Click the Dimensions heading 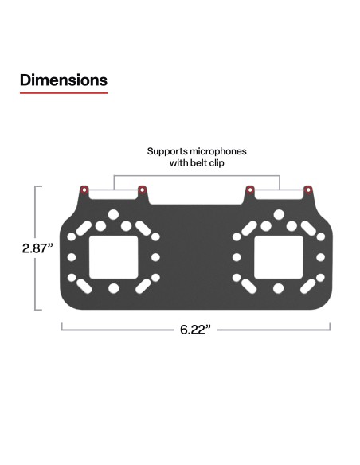click(x=64, y=80)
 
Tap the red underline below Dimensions click(x=64, y=93)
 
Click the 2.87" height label click(x=37, y=248)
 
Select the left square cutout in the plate click(x=112, y=257)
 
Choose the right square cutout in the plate click(x=278, y=257)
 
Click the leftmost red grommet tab click(x=84, y=190)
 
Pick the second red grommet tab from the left click(x=142, y=190)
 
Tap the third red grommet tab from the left click(x=250, y=190)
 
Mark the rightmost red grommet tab click(x=307, y=190)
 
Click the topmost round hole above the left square click(x=113, y=215)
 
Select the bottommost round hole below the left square click(x=113, y=288)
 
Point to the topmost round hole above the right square click(x=279, y=215)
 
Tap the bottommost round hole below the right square click(x=279, y=288)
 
